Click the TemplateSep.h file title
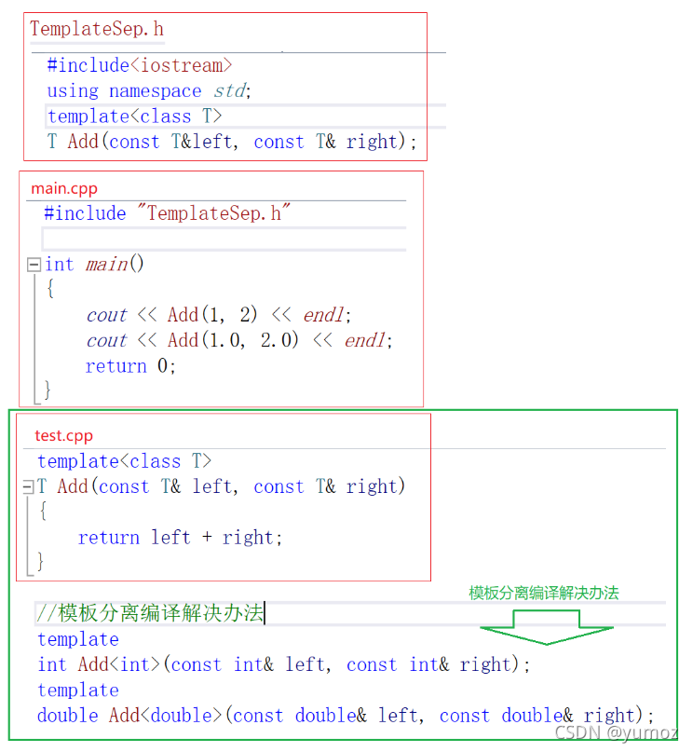point(97,29)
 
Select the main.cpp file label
point(64,188)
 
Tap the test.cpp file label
point(64,435)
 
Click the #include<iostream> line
point(140,65)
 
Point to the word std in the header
point(229,91)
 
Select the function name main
point(107,265)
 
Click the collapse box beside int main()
point(34,265)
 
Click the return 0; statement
point(130,366)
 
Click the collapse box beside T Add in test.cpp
point(28,486)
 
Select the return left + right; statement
point(180,538)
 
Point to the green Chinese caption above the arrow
point(544,593)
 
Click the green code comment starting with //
point(150,613)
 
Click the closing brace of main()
point(48,390)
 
